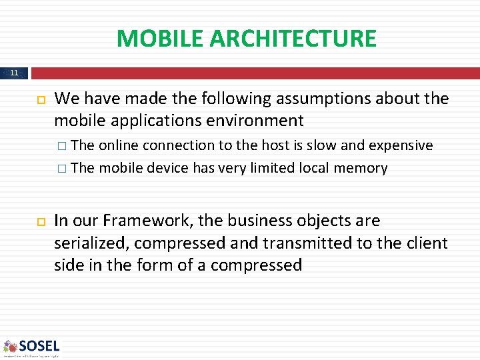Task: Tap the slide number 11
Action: click(15, 73)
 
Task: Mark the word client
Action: click(424, 243)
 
